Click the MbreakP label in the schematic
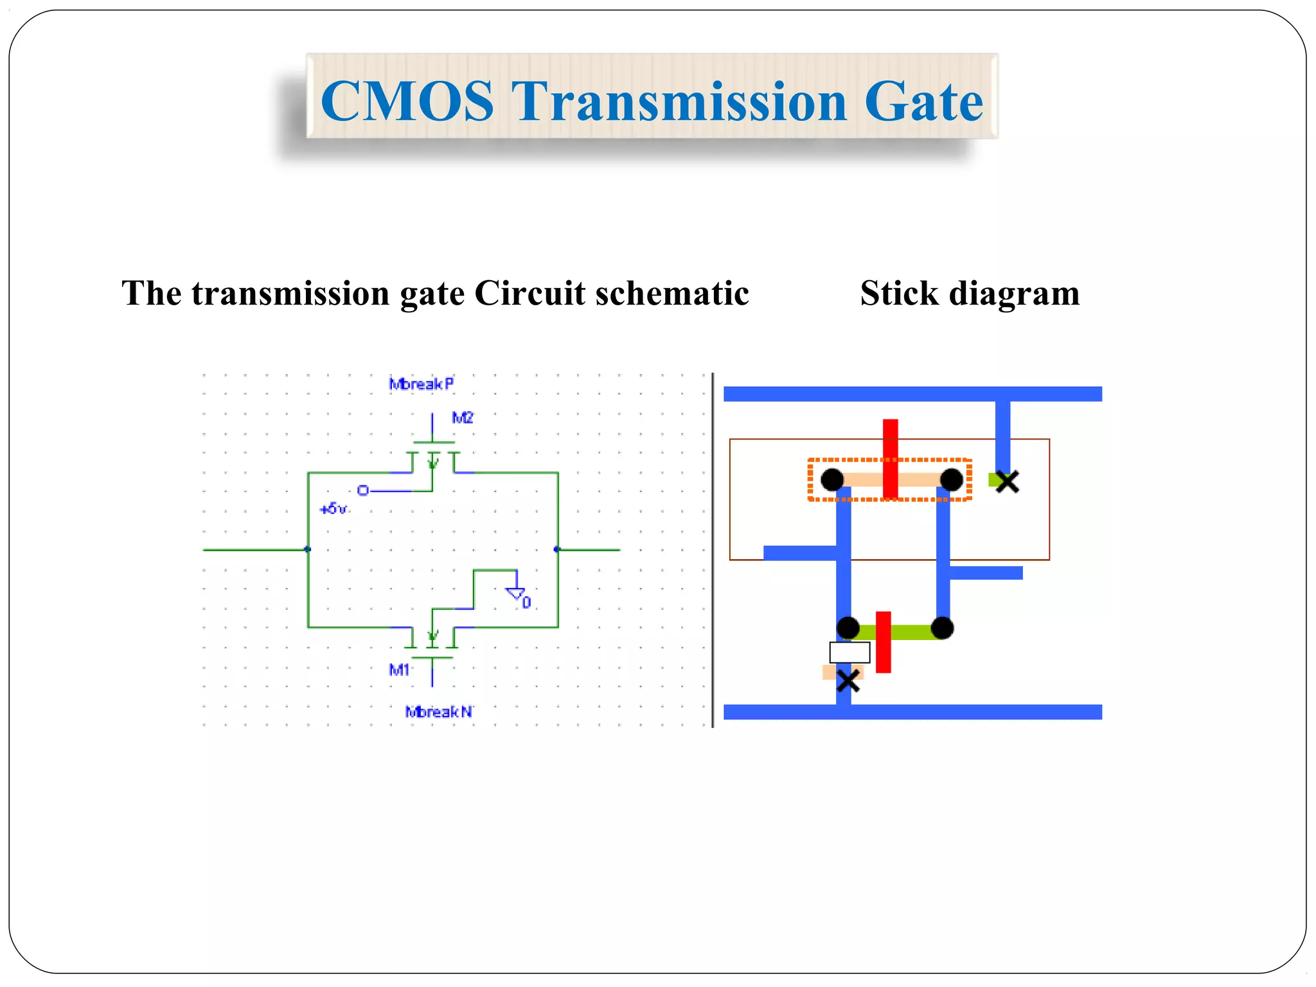pos(422,384)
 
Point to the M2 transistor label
pos(463,418)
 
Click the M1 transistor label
pos(399,670)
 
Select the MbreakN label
pos(439,711)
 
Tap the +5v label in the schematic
pos(333,509)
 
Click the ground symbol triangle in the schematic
pos(516,593)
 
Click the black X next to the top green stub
pos(1007,481)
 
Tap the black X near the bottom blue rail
pos(848,680)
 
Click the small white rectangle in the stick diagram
pos(849,652)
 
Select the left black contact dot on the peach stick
pos(832,479)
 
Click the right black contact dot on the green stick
pos(942,628)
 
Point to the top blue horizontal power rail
pos(912,394)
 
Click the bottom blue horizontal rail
pos(912,712)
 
